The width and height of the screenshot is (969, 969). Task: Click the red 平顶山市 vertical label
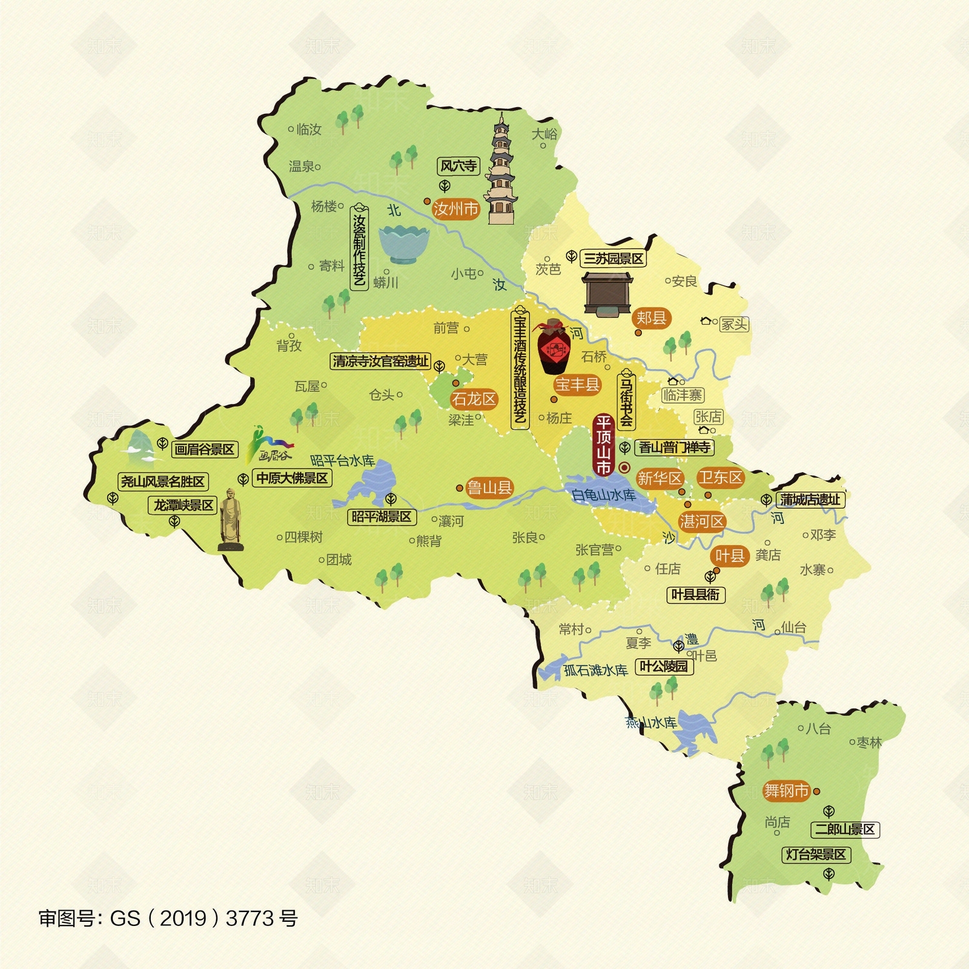pyautogui.click(x=603, y=445)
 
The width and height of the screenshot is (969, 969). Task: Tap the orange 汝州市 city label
pyautogui.click(x=455, y=209)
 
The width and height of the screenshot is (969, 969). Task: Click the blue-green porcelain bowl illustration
pyautogui.click(x=404, y=244)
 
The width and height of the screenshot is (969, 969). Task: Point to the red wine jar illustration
pyautogui.click(x=554, y=348)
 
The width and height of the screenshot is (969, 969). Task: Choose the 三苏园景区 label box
pyautogui.click(x=613, y=259)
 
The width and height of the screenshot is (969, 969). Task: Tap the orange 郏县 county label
pyautogui.click(x=651, y=317)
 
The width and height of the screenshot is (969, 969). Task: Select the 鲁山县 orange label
pyautogui.click(x=489, y=488)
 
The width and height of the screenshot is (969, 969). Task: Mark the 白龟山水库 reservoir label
pyautogui.click(x=603, y=495)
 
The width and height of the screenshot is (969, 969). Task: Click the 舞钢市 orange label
pyautogui.click(x=785, y=791)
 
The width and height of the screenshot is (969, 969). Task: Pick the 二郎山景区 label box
pyautogui.click(x=845, y=829)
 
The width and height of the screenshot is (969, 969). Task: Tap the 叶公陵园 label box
pyautogui.click(x=664, y=666)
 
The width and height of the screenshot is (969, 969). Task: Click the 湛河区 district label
pyautogui.click(x=701, y=521)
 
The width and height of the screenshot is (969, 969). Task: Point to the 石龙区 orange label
pyautogui.click(x=474, y=399)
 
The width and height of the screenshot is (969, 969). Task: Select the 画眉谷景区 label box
pyautogui.click(x=204, y=449)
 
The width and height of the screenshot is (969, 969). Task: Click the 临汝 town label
pyautogui.click(x=308, y=129)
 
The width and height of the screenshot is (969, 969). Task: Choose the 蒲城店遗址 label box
pyautogui.click(x=810, y=500)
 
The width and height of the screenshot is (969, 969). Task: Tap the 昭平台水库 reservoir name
pyautogui.click(x=342, y=461)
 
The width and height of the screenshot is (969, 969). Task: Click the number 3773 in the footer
pyautogui.click(x=250, y=918)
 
